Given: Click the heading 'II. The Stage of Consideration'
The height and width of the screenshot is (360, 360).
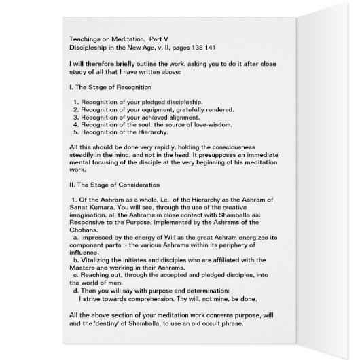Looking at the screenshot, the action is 115,185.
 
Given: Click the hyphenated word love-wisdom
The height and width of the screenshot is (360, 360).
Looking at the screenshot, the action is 213,124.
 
